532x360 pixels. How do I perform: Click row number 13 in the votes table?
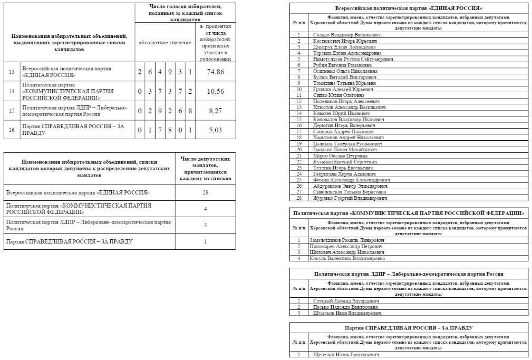pyautogui.click(x=12, y=72)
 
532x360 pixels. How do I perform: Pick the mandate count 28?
pyautogui.click(x=205, y=192)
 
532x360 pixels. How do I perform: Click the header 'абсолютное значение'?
pyautogui.click(x=165, y=42)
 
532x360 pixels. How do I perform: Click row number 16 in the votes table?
pyautogui.click(x=12, y=130)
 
